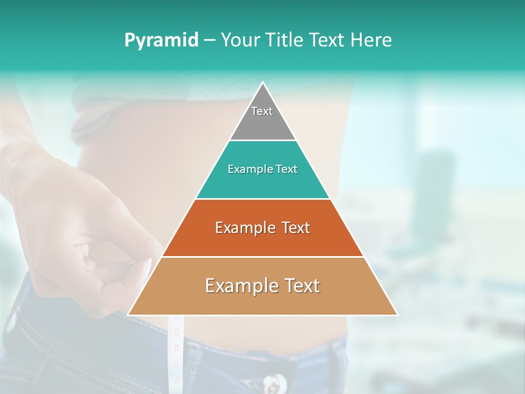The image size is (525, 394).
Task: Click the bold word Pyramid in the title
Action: click(161, 40)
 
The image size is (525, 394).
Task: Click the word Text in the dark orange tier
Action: click(295, 228)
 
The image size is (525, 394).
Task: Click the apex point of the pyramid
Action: click(262, 83)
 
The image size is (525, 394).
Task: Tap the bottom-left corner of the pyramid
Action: click(128, 315)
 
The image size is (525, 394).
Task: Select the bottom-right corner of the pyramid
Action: click(397, 315)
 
